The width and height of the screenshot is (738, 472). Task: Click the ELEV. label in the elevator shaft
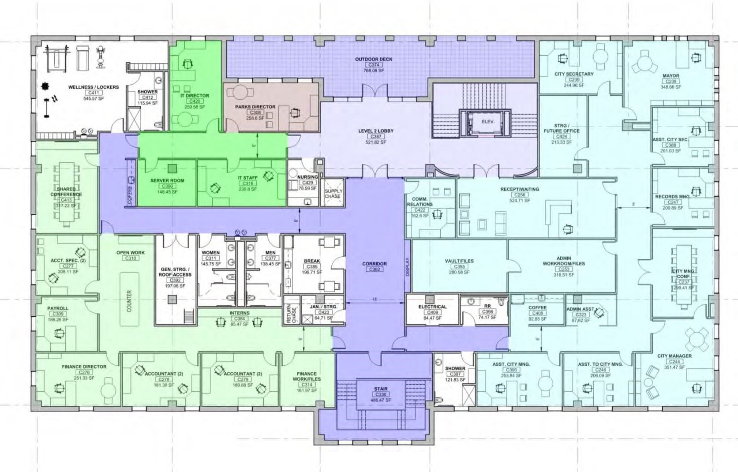(x=488, y=121)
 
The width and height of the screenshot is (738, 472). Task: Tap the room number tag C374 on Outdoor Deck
(x=374, y=65)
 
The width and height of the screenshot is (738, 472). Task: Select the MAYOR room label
(x=671, y=75)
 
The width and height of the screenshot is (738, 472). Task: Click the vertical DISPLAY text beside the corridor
(x=408, y=267)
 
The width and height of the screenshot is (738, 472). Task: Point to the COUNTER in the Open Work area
(x=129, y=301)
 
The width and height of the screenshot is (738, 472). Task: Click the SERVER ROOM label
(x=167, y=180)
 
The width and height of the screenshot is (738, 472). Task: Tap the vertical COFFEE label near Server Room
(x=130, y=195)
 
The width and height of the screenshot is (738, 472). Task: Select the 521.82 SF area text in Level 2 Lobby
(x=375, y=142)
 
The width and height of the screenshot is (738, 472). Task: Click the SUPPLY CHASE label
(x=333, y=193)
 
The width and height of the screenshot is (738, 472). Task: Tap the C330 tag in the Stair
(x=381, y=394)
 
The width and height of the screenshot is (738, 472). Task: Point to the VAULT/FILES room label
(x=459, y=261)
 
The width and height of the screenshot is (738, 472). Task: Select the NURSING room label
(x=307, y=177)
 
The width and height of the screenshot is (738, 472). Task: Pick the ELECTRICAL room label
(x=432, y=307)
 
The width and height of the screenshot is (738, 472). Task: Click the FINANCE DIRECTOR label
(x=84, y=367)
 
